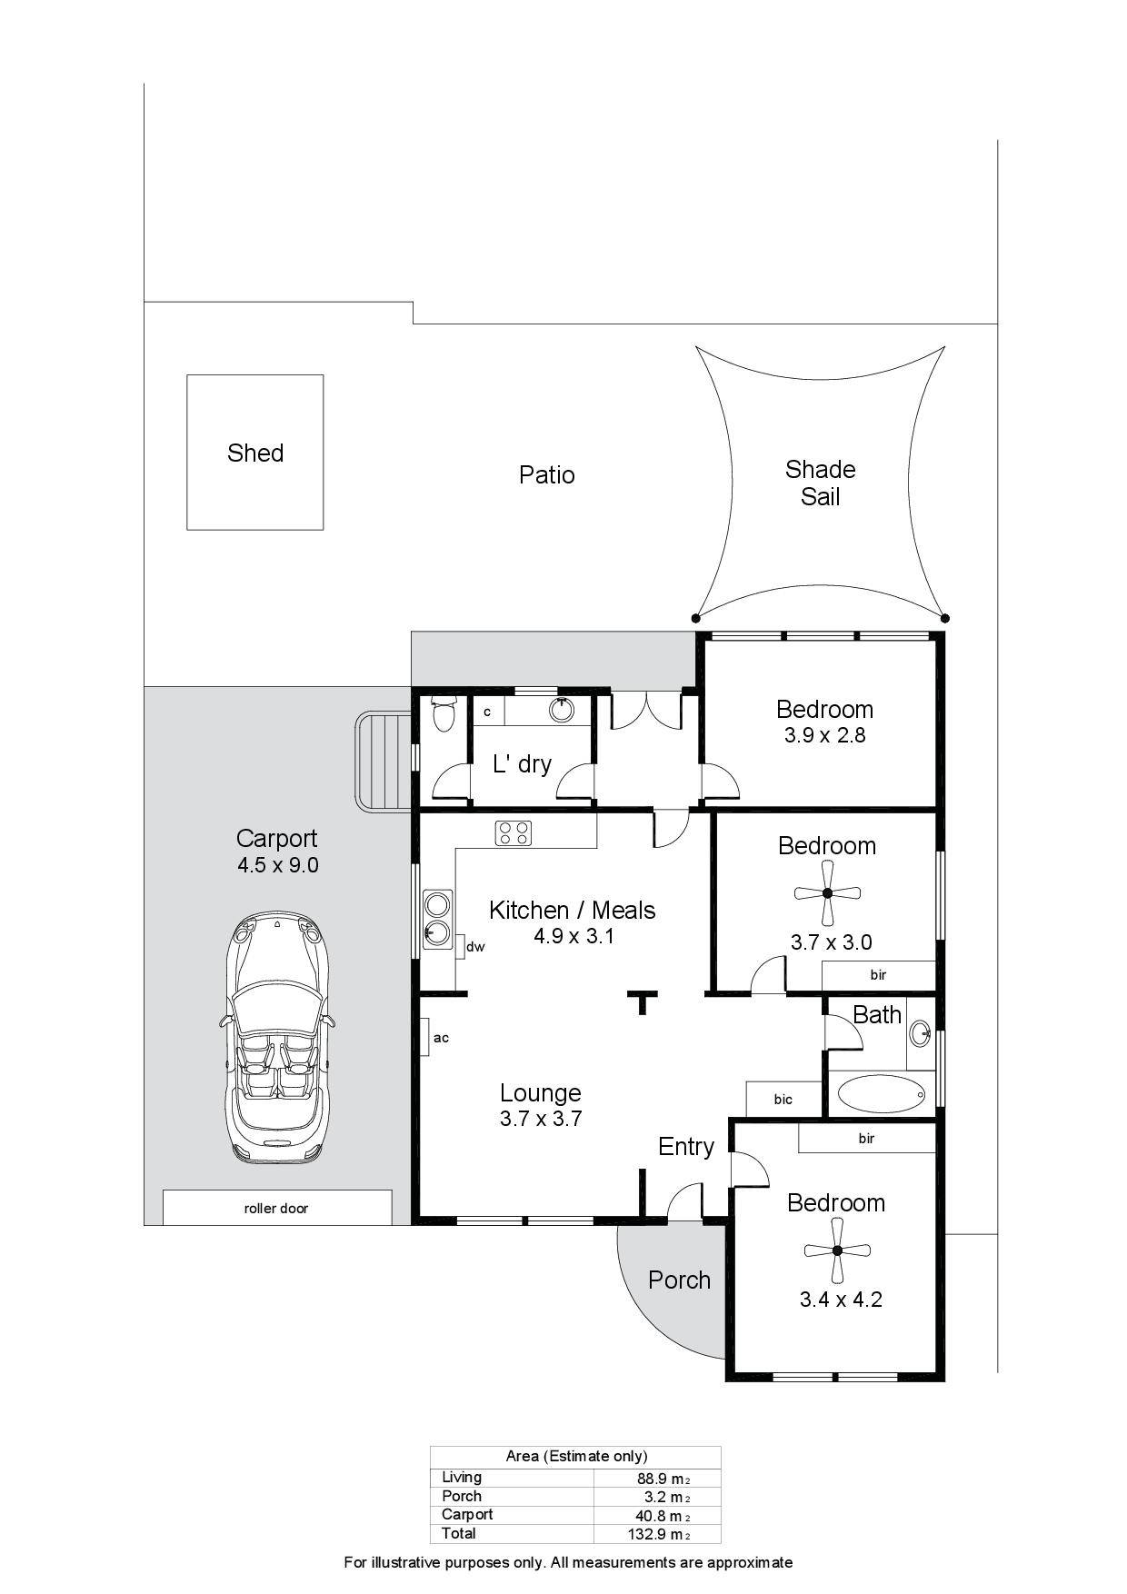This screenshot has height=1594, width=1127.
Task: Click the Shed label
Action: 255,453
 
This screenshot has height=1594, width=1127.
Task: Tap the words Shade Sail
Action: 820,483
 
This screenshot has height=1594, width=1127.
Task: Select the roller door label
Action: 276,1208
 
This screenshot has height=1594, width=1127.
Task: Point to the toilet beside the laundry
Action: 444,714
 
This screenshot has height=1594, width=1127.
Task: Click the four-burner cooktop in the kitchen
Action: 514,832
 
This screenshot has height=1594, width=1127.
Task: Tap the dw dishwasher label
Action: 475,947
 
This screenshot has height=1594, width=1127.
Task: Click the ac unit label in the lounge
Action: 441,1037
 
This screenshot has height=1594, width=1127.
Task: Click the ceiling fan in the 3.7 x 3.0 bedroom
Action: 827,893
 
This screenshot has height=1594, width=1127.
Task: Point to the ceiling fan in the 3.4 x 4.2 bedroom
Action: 837,1250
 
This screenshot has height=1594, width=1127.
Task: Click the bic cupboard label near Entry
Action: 783,1099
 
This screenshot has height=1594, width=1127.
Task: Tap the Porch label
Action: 679,1280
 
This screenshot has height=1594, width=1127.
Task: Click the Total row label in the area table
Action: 459,1533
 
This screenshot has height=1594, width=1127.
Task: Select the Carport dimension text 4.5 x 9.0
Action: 278,865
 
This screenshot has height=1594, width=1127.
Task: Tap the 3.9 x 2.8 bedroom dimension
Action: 825,735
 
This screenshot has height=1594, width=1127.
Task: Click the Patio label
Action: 547,474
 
